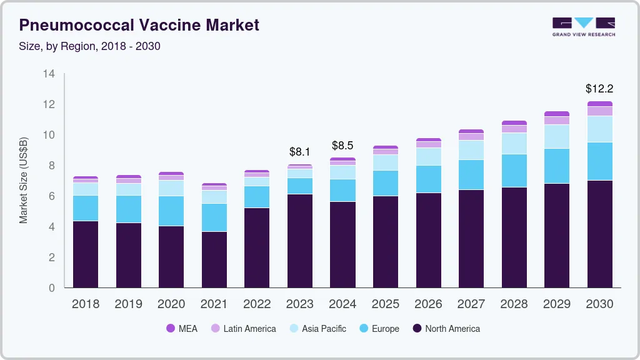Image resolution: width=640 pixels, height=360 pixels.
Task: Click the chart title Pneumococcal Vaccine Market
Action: pos(139,26)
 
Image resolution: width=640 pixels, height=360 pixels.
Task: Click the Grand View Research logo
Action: pos(583,26)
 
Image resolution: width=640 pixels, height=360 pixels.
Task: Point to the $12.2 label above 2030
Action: pos(599,89)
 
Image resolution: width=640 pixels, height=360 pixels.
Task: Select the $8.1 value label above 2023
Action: pos(300,152)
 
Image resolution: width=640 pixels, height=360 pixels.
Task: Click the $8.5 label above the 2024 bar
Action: pos(342,146)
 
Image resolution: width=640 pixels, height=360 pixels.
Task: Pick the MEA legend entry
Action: pos(182,329)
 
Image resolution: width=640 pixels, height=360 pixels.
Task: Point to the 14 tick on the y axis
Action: pos(49,74)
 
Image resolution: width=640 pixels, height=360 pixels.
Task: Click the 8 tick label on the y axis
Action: pos(52,166)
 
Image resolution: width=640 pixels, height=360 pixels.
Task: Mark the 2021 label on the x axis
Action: pos(214,304)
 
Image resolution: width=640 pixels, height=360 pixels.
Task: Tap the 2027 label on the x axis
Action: pos(471,304)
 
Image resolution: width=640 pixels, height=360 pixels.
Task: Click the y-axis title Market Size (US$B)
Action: pos(24,180)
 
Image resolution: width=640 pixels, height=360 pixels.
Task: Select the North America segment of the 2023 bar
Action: pos(300,241)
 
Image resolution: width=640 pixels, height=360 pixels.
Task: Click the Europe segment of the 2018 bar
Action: pos(86,208)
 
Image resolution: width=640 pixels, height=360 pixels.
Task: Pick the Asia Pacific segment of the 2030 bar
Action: pos(600,129)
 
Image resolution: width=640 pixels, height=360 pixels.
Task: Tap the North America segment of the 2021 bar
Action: pos(214,259)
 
